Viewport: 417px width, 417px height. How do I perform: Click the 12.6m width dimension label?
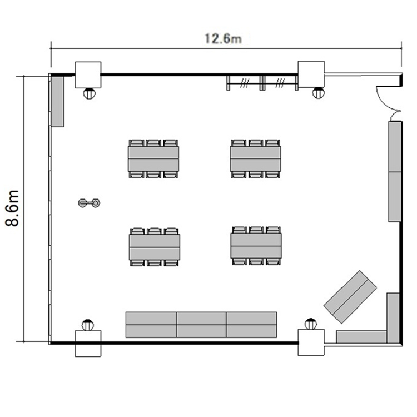[x=223, y=39]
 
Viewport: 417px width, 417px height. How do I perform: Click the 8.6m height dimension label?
[x=12, y=208]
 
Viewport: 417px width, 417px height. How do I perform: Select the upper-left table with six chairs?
[x=153, y=159]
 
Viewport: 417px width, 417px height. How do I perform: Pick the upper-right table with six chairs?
[x=256, y=159]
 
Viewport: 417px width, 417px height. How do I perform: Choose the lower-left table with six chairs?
[x=155, y=247]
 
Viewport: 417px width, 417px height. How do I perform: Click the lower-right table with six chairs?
[x=256, y=246]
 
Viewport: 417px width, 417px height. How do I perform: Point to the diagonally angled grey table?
[x=350, y=297]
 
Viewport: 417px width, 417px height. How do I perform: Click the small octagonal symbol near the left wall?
[x=95, y=203]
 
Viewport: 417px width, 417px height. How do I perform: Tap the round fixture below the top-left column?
[x=89, y=93]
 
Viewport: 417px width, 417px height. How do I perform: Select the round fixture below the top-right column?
[x=318, y=92]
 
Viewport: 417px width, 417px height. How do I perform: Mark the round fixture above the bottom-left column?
[x=88, y=325]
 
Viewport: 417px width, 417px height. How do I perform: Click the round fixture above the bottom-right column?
[x=311, y=324]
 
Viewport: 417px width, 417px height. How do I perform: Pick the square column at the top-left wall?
[x=88, y=75]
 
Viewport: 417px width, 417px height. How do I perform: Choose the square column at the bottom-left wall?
[x=88, y=344]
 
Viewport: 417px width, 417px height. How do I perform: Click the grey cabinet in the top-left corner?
[x=57, y=102]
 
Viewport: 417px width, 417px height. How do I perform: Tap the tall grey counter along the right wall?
[x=395, y=171]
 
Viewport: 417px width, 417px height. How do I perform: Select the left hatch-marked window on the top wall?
[x=245, y=83]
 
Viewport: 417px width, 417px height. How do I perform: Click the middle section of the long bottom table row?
[x=201, y=325]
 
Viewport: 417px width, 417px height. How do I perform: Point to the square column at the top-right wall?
[x=311, y=74]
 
